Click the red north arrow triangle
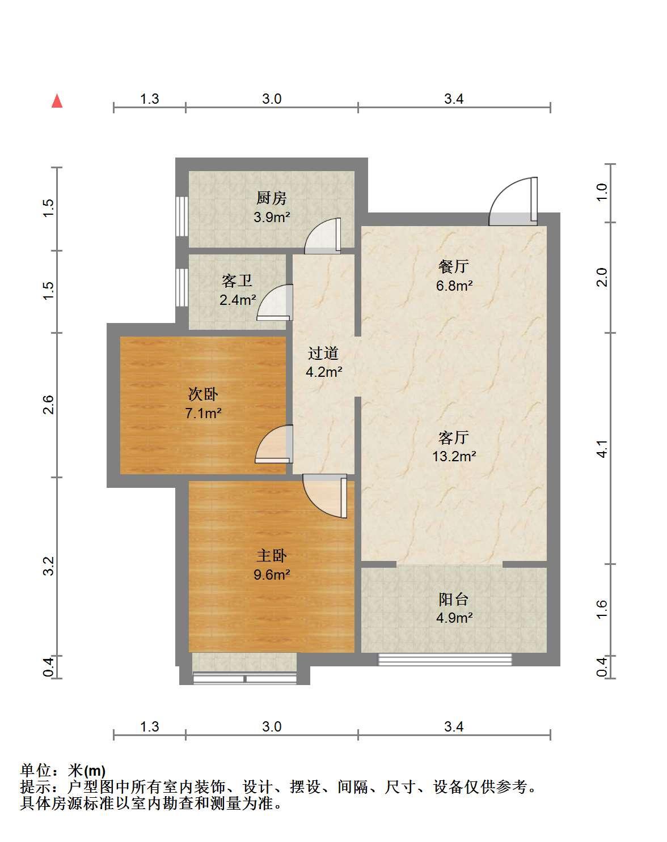[x=57, y=100]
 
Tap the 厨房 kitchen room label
[x=272, y=198]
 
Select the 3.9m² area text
[x=272, y=217]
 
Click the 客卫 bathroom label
[x=237, y=281]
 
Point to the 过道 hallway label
[x=323, y=354]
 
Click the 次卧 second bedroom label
[x=203, y=394]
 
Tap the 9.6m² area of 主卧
[x=272, y=575]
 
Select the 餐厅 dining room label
[x=454, y=267]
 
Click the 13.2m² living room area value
[x=454, y=457]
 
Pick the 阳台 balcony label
[x=454, y=599]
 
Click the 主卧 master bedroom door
[x=325, y=496]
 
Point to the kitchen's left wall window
[x=181, y=216]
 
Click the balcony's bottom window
[x=445, y=660]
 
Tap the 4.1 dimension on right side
[x=603, y=448]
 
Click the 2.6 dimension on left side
[x=48, y=405]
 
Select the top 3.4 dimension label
[x=454, y=99]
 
